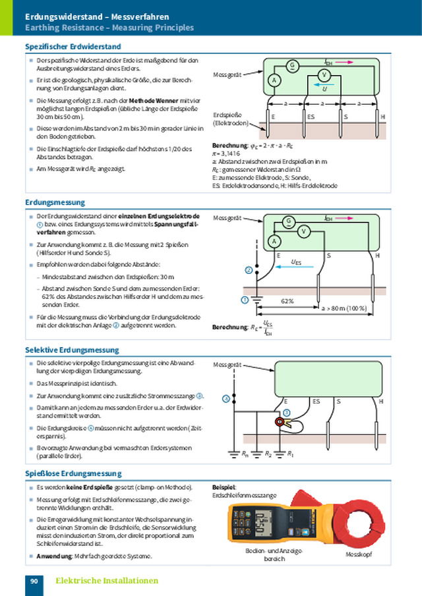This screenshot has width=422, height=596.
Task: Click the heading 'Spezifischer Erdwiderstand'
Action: point(73,47)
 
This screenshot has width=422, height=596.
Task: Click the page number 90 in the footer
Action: point(34,581)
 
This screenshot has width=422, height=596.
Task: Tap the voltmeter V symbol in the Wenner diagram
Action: point(324,76)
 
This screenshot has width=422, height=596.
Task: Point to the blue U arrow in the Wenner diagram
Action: point(323,86)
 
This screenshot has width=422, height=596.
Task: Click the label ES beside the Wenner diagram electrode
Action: point(311,117)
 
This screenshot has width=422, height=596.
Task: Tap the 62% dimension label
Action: point(287,301)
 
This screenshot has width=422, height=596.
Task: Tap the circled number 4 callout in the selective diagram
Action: point(226,398)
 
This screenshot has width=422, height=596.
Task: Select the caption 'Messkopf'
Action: point(359,555)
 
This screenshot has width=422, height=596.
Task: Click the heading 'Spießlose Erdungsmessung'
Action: point(73,474)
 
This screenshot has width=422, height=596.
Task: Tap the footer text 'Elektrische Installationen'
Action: point(107,581)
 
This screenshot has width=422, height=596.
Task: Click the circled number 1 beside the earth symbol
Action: point(245,300)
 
